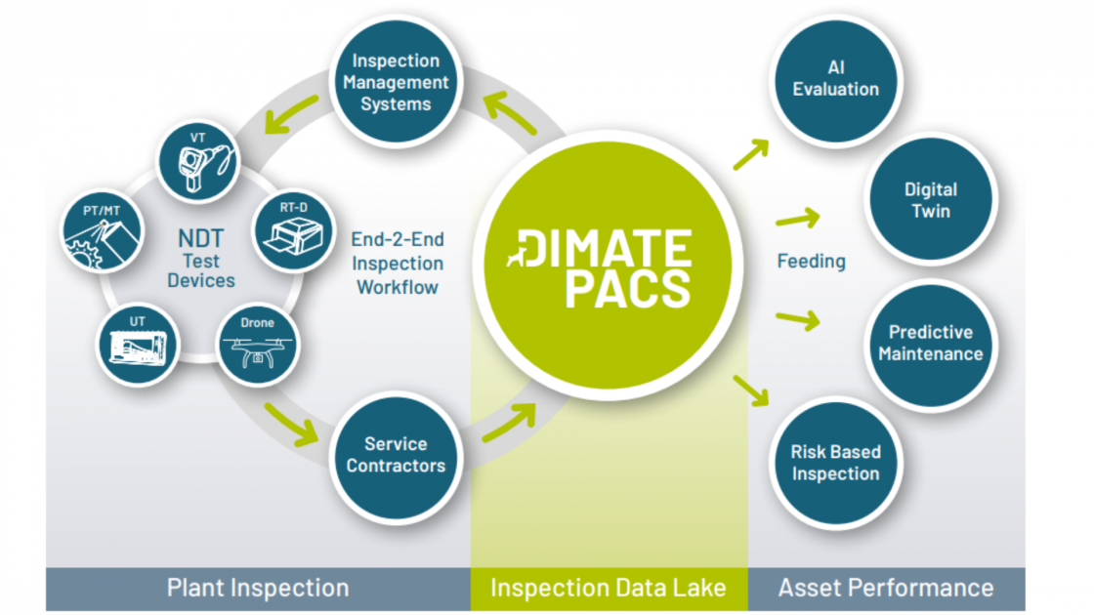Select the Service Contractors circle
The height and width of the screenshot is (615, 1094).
coord(396,454)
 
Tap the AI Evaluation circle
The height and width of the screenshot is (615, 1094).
coord(835,78)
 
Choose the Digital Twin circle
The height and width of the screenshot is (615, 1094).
coord(930,199)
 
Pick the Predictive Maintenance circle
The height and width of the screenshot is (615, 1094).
coord(930,343)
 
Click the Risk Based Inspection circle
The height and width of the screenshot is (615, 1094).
coord(835,463)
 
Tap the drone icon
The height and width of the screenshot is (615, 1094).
coord(257,347)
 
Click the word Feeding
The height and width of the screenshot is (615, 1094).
coord(811,262)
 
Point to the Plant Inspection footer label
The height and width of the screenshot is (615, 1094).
coord(258,588)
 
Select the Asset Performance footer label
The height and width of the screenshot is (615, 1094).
coord(885,588)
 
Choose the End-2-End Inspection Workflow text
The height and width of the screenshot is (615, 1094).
coord(399,264)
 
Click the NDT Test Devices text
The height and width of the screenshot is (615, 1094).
coord(200,260)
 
